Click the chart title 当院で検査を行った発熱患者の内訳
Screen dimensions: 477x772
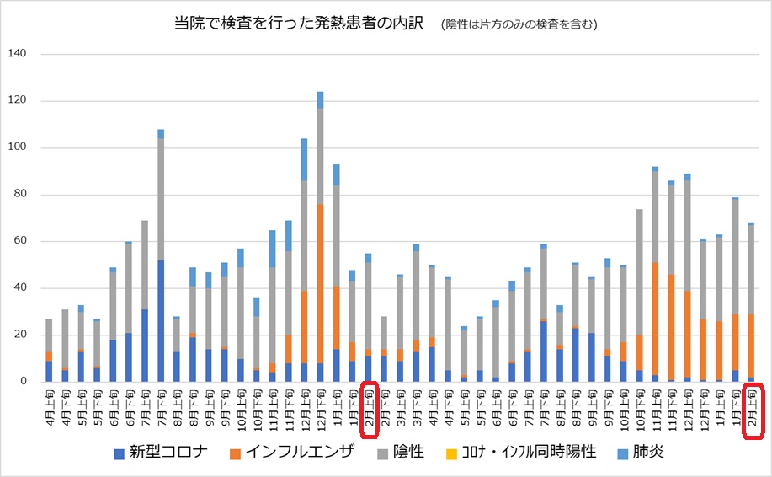[299, 24]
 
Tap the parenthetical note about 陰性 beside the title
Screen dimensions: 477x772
[519, 25]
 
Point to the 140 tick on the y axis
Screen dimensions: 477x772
[19, 54]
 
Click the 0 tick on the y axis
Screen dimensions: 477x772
[24, 382]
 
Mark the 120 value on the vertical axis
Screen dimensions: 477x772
[19, 101]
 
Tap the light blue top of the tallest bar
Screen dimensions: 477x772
[321, 99]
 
